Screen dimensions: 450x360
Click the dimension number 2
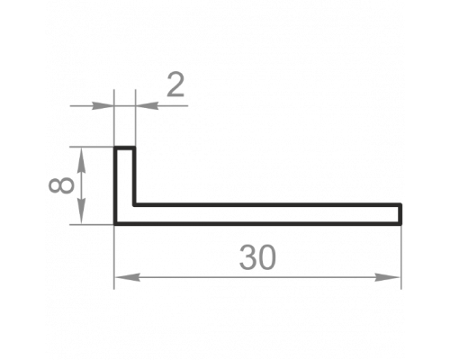tap(175, 85)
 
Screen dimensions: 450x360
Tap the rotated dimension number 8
tap(61, 185)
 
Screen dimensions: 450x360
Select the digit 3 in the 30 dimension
tap(247, 257)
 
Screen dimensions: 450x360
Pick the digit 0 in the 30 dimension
tap(266, 257)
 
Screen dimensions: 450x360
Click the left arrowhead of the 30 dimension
tap(127, 277)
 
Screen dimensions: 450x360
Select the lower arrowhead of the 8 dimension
tap(81, 211)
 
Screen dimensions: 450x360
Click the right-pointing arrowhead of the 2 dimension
tap(102, 105)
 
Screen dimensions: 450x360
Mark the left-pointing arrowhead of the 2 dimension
tap(147, 105)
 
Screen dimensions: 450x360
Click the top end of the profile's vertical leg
tap(124, 148)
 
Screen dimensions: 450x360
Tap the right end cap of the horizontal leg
tap(400, 214)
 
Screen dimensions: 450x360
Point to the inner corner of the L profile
tap(134, 205)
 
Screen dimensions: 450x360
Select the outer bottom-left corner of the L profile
tap(114, 224)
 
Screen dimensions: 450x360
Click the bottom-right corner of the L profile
tap(401, 224)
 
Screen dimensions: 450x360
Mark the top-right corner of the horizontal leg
tap(401, 203)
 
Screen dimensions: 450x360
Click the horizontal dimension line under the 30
tap(257, 277)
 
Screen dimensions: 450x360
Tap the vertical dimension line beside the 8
tap(81, 185)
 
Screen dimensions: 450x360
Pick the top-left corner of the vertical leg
tap(114, 147)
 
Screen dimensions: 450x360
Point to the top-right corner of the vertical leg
tap(135, 147)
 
